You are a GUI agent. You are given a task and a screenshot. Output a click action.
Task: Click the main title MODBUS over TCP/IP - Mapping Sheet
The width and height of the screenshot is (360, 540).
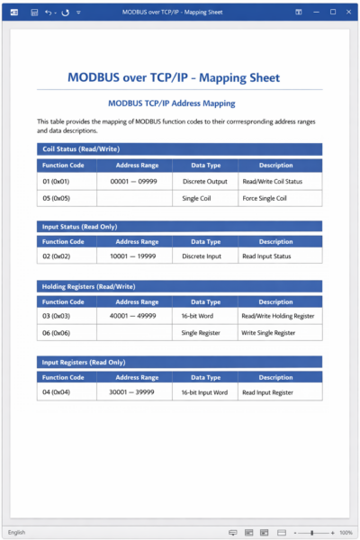click(x=179, y=77)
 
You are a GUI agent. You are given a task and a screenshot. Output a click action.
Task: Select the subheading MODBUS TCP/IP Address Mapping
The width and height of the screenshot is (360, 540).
click(x=178, y=103)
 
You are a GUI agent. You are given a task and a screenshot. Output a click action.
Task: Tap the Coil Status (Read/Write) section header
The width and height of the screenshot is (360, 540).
click(x=81, y=148)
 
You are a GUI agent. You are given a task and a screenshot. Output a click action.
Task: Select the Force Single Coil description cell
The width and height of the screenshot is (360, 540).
click(x=264, y=198)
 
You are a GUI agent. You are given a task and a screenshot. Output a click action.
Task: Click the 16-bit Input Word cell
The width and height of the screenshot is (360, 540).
click(x=204, y=392)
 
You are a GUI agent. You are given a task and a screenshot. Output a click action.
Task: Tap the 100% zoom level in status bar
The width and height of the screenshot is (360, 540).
click(x=346, y=533)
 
